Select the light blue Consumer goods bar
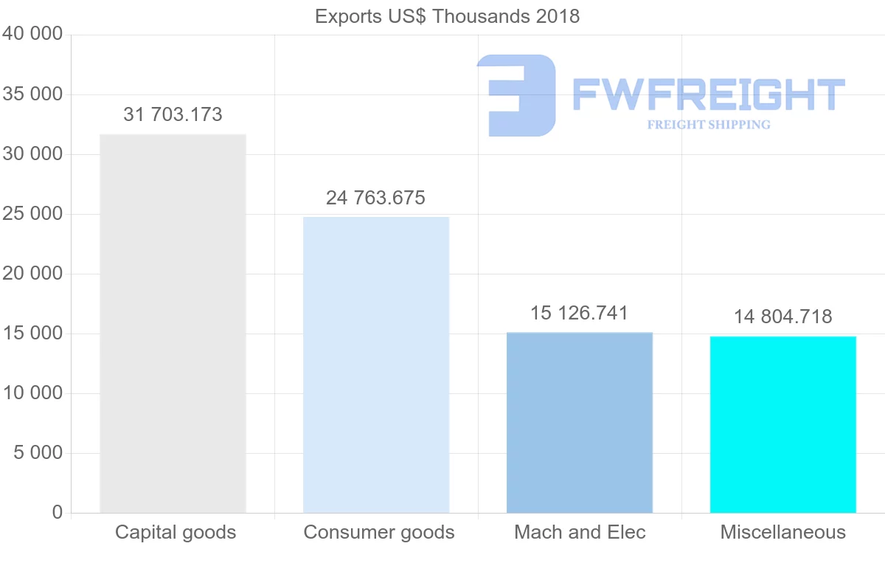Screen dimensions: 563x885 click(376, 365)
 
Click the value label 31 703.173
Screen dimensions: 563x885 click(173, 114)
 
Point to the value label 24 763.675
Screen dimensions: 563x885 click(376, 198)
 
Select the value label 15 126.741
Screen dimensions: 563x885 click(580, 313)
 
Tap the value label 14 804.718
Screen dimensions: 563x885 click(783, 317)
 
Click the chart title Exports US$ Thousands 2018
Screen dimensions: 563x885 click(447, 16)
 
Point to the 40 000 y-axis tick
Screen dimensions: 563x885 click(32, 35)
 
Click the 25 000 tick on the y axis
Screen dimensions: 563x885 click(32, 214)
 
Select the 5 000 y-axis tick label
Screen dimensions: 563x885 click(38, 452)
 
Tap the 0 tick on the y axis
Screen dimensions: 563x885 click(58, 512)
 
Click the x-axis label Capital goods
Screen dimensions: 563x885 click(176, 532)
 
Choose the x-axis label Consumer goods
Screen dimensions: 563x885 click(379, 532)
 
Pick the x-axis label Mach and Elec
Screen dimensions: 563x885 click(580, 532)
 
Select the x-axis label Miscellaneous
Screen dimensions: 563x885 click(783, 532)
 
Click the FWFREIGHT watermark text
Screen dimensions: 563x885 click(708, 94)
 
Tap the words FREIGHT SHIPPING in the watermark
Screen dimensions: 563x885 click(709, 125)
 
